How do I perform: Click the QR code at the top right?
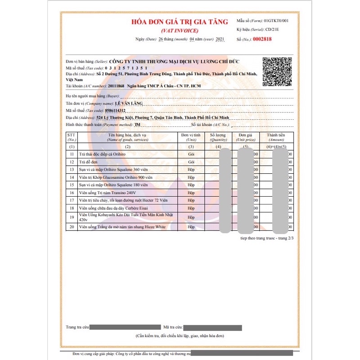point(277,72)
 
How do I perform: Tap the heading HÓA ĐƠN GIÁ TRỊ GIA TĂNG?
point(180,22)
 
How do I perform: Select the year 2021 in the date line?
point(220,40)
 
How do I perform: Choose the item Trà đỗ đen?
point(90,161)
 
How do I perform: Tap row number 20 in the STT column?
point(71,227)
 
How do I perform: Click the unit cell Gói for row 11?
point(191,153)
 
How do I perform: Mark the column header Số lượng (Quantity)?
point(218,137)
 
